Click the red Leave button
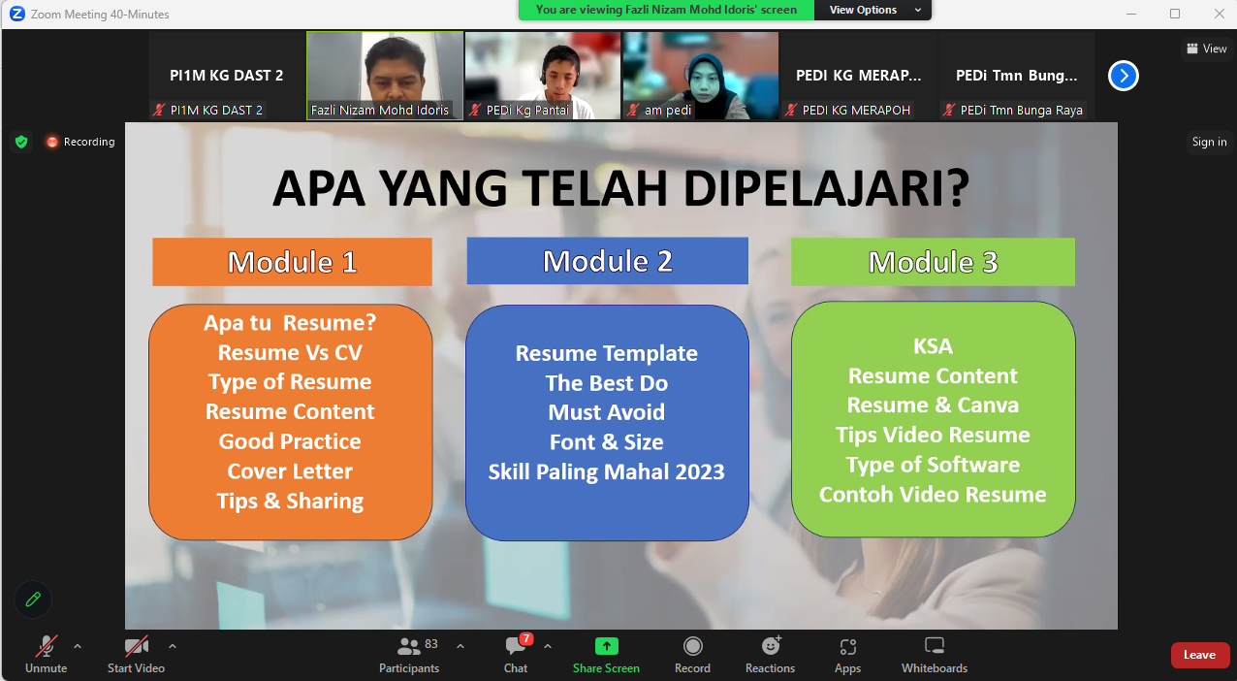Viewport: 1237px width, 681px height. [1199, 655]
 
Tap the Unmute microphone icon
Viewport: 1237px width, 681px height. [47, 646]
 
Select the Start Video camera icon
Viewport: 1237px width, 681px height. [136, 646]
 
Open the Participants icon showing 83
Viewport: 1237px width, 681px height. [409, 646]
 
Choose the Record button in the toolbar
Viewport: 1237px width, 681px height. [692, 646]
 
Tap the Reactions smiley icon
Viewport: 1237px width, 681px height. [771, 646]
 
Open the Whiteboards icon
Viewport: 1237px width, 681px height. [935, 646]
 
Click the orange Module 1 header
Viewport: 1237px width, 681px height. [292, 262]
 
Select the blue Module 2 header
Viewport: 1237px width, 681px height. [608, 261]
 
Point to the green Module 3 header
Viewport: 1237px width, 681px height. [933, 262]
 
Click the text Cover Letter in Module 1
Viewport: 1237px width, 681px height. [290, 471]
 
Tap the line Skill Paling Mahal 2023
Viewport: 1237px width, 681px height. [606, 472]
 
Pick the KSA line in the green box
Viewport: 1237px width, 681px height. [933, 346]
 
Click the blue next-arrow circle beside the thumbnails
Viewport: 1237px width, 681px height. [1124, 76]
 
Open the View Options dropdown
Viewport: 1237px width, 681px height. [872, 10]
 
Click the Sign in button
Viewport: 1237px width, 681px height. [1210, 142]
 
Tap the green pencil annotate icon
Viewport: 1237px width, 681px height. [33, 600]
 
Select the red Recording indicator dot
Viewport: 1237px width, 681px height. [52, 142]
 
